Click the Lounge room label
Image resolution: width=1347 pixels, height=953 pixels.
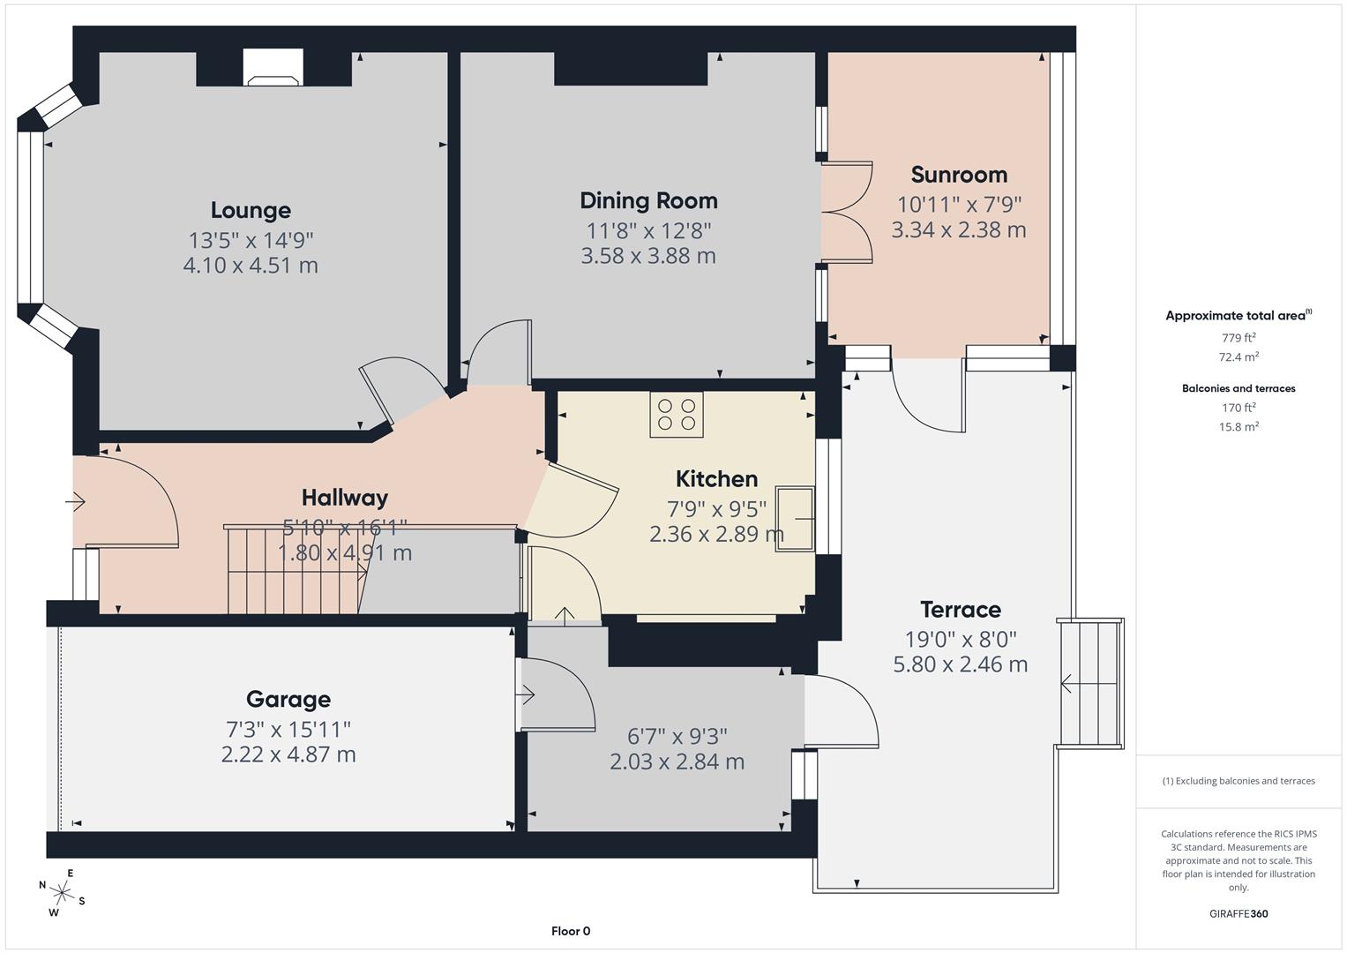click(x=251, y=210)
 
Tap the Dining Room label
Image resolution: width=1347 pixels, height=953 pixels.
click(x=648, y=200)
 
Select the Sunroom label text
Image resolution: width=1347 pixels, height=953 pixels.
click(x=959, y=175)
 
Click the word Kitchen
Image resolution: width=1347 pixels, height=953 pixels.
click(x=716, y=479)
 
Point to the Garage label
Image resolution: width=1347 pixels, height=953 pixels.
click(x=288, y=700)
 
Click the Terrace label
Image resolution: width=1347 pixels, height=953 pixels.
click(x=960, y=610)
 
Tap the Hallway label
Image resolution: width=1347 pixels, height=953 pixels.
click(x=344, y=498)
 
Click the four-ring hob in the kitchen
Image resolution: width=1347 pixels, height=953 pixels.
click(x=677, y=415)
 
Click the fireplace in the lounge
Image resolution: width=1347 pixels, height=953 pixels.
click(x=273, y=69)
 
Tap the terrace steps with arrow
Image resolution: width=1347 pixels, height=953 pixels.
click(x=1091, y=684)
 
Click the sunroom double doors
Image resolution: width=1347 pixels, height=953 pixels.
click(x=847, y=213)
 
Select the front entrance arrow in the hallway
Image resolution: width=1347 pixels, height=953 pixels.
click(x=75, y=502)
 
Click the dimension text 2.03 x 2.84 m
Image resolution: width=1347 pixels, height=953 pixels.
click(x=677, y=762)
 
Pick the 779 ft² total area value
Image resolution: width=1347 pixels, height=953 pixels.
click(x=1238, y=338)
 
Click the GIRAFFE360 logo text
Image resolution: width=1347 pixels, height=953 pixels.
click(x=1238, y=913)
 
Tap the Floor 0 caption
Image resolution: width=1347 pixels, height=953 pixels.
click(x=571, y=931)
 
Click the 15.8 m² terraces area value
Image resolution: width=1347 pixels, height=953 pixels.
click(x=1238, y=427)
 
